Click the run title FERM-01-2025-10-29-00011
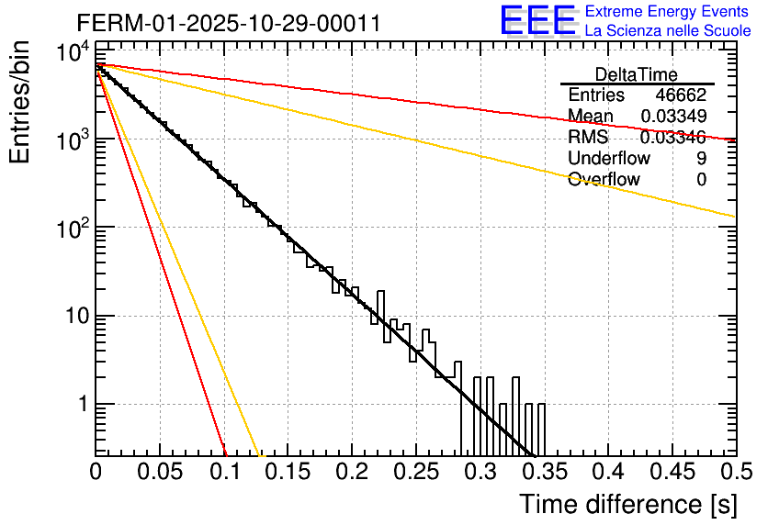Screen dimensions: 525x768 pyautogui.click(x=229, y=23)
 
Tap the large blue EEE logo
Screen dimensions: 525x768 pyautogui.click(x=537, y=21)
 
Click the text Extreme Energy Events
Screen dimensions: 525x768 pyautogui.click(x=667, y=12)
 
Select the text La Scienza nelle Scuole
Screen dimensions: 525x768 pyautogui.click(x=668, y=30)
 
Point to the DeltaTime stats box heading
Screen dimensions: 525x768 pyautogui.click(x=637, y=74)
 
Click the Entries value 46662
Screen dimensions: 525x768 pyautogui.click(x=681, y=95)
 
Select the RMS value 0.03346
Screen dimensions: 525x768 pyautogui.click(x=673, y=138)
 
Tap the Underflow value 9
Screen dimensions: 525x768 pyautogui.click(x=701, y=159)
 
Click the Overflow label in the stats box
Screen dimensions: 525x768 pyautogui.click(x=604, y=180)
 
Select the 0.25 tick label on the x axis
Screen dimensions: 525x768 pyautogui.click(x=415, y=473)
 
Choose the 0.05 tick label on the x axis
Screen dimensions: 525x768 pyautogui.click(x=161, y=473)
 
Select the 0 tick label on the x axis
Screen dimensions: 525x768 pyautogui.click(x=96, y=473)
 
